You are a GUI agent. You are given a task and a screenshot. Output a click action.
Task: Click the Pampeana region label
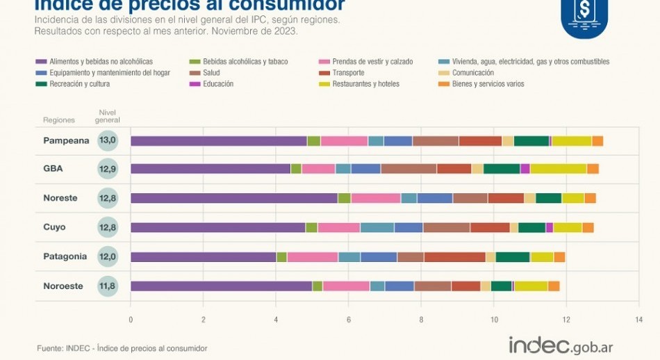click(x=67, y=140)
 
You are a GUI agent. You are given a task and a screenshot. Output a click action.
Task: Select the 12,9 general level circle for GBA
click(x=108, y=169)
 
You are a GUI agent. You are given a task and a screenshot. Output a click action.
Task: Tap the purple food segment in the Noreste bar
click(x=234, y=198)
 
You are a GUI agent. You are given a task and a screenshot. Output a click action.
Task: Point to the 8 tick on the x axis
click(x=421, y=320)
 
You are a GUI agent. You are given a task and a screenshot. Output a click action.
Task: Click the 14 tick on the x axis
click(x=638, y=320)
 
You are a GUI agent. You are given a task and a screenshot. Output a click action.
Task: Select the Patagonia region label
click(x=65, y=256)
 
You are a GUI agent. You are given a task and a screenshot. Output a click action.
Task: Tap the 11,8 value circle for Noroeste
click(x=108, y=286)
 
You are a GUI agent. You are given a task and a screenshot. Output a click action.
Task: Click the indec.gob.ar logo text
click(x=561, y=345)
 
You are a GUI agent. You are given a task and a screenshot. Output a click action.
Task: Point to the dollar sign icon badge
click(x=584, y=15)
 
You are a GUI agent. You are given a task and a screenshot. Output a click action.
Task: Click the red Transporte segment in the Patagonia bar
click(x=454, y=256)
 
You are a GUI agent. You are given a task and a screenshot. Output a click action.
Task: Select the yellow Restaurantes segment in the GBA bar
click(x=558, y=169)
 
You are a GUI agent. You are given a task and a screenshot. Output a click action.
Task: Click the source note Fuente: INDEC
click(x=122, y=347)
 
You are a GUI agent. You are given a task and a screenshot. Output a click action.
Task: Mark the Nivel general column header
click(x=108, y=116)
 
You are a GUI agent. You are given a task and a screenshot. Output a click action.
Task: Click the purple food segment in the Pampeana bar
click(x=219, y=141)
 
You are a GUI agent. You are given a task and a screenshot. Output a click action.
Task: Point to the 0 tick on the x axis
click(x=131, y=320)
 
